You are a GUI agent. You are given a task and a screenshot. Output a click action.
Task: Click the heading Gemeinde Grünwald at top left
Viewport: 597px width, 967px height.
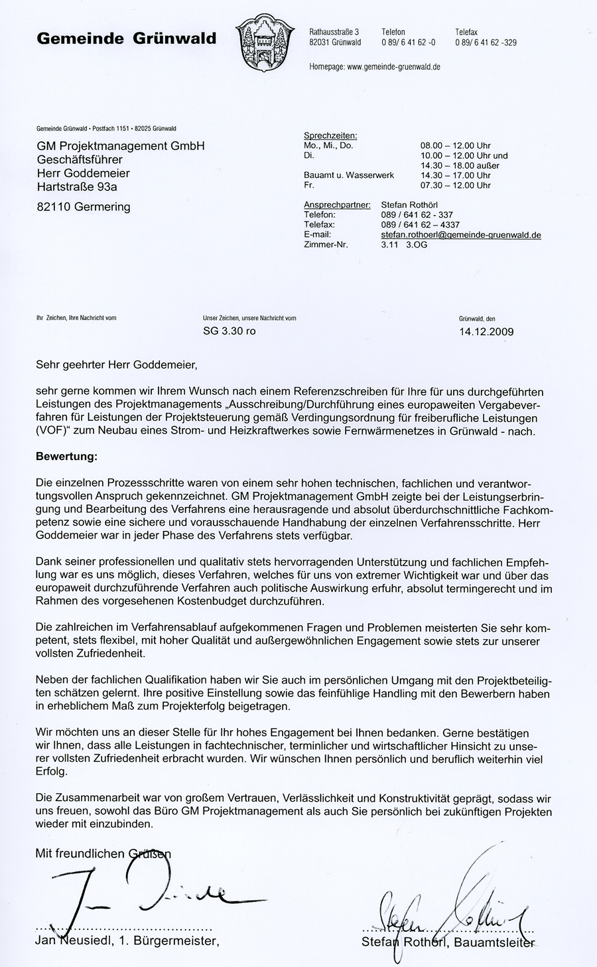127,38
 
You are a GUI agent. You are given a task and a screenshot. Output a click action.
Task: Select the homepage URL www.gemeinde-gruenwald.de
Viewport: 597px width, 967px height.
394,67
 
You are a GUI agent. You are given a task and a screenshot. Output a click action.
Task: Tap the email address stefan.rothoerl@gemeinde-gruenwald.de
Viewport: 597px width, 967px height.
461,235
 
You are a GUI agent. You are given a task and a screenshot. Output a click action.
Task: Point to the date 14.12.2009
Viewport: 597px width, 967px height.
486,332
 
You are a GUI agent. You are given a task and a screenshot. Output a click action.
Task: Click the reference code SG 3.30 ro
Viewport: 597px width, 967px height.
229,331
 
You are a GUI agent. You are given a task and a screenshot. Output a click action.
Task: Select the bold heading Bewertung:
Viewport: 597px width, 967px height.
66,457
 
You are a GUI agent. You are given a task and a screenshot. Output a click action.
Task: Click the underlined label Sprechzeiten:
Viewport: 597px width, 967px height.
330,136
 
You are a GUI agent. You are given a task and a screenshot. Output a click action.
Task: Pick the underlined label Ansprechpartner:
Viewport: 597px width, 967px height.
337,205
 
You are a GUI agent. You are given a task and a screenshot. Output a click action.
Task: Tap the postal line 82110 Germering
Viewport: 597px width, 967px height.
84,206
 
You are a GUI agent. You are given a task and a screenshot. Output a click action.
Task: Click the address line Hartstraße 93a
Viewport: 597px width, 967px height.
77,187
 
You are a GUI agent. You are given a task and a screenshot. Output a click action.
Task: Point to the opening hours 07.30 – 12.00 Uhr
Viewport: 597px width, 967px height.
456,186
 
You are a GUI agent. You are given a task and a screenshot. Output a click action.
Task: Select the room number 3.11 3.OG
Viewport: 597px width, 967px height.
404,245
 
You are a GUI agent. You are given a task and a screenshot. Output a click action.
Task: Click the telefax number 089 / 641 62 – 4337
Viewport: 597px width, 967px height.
420,225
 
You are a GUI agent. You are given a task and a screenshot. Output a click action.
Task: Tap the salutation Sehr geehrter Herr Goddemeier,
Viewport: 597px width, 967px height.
117,364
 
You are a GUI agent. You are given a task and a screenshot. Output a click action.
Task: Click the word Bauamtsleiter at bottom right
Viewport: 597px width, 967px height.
494,942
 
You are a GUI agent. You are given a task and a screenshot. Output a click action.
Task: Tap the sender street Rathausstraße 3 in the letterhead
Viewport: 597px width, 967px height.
334,32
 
